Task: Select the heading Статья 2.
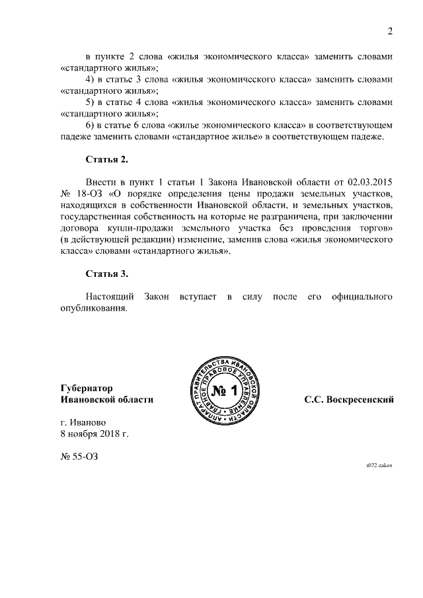pos(106,160)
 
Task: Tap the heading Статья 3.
pos(106,274)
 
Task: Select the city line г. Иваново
pos(83,422)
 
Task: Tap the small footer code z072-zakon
pos(379,465)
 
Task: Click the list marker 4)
pos(92,79)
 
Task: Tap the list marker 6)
pos(92,125)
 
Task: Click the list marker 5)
pos(92,102)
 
